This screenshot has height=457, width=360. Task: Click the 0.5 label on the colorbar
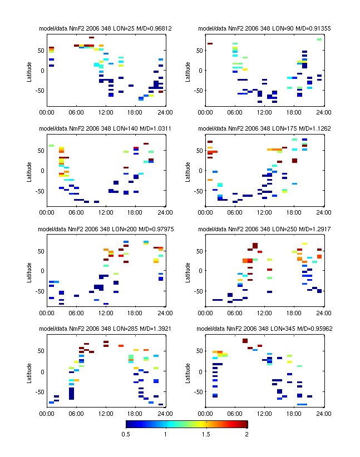126,434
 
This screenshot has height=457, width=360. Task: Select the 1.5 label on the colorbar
206,434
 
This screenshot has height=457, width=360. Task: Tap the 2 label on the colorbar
246,434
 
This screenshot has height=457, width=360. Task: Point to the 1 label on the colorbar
166,434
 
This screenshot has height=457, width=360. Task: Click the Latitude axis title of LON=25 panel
29,70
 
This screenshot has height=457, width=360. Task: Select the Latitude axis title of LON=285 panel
29,370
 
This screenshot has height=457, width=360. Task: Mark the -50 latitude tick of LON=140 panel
40,191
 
